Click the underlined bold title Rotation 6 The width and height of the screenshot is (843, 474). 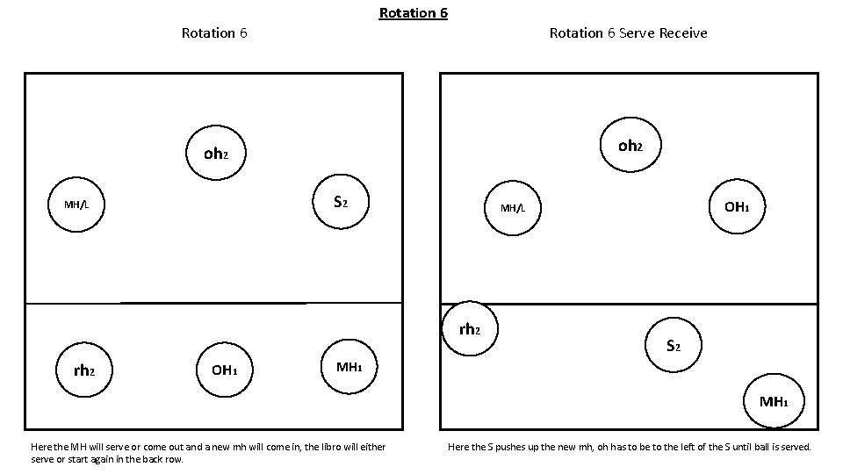pos(413,13)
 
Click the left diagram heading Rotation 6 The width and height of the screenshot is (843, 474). pos(213,33)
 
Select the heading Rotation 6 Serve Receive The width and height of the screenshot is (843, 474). pos(628,33)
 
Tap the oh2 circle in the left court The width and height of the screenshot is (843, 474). pos(215,154)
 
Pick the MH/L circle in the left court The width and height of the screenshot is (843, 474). pos(76,205)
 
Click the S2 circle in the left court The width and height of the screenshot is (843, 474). pos(341,203)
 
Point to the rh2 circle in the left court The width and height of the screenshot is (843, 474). pos(83,370)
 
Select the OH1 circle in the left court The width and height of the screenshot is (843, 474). pos(224,370)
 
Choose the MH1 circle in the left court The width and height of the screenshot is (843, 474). pos(349,367)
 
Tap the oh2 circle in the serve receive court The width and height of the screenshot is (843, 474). pos(630,146)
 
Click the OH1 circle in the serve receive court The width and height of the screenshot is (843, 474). pos(736,207)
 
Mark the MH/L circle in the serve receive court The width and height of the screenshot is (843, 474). pos(513,208)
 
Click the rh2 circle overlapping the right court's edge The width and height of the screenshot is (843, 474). pos(470,329)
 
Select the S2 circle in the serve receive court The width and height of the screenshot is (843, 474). pos(674,346)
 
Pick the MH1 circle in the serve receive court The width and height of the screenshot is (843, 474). pos(774,402)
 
